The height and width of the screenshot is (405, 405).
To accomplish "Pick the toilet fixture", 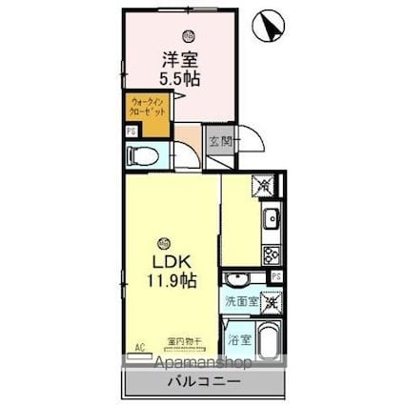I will (x=147, y=155).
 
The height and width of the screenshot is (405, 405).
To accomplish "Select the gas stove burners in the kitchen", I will (x=269, y=254).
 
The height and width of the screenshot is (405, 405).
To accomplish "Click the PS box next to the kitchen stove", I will (x=275, y=277).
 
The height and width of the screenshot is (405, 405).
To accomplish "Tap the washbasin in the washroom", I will (x=237, y=278).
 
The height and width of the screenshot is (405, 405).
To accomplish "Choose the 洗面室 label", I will (x=241, y=301).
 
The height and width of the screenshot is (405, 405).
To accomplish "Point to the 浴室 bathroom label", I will (x=239, y=338).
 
